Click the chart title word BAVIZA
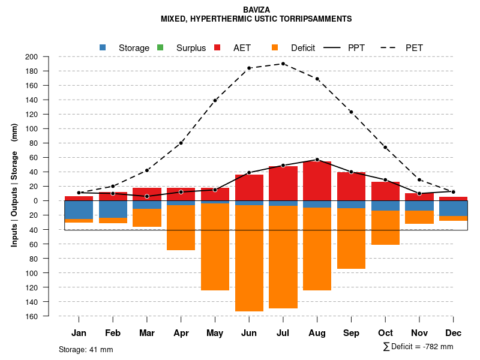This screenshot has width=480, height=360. [x=256, y=10]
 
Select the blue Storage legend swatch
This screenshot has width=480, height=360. [x=103, y=47]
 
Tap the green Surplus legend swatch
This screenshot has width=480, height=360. [x=160, y=47]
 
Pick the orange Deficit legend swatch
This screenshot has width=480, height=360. [x=275, y=47]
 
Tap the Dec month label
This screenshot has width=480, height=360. [x=453, y=333]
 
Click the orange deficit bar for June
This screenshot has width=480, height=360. [x=249, y=258]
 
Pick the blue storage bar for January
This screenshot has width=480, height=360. [x=79, y=210]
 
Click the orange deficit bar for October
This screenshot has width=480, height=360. [x=385, y=228]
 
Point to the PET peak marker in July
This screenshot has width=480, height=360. [x=283, y=64]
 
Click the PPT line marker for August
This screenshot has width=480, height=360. [x=317, y=160]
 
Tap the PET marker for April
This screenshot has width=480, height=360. [x=181, y=143]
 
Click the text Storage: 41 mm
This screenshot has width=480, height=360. [x=86, y=349]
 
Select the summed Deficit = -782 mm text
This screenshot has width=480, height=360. [x=418, y=347]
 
